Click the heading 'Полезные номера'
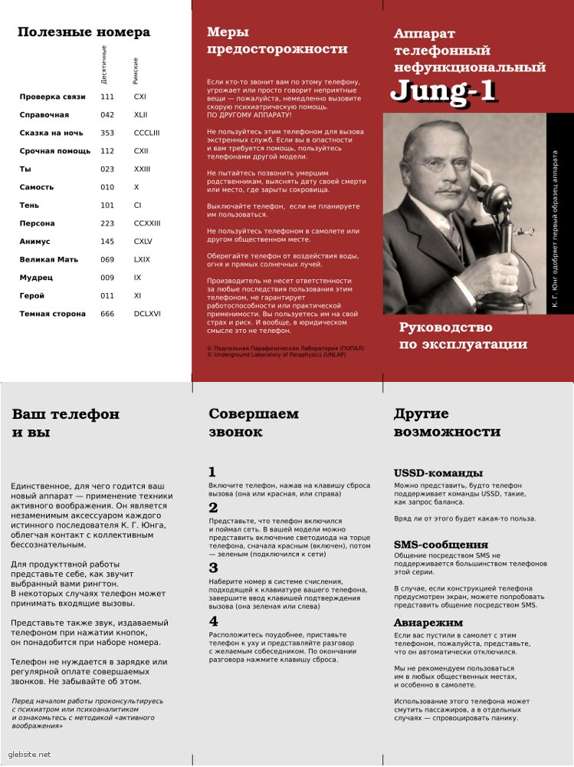coord(84,32)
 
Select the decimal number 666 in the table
coord(107,314)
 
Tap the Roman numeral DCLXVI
coord(147,314)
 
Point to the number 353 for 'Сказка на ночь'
coord(107,133)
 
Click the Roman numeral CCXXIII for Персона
coord(147,223)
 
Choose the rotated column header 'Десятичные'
coord(105,64)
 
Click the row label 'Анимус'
coord(36,242)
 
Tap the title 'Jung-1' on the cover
coord(444,91)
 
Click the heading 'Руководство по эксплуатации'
coord(463,336)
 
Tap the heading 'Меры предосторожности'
coord(277,41)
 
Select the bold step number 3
coord(213,568)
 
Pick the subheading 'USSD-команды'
coord(438,472)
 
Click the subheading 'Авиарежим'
coord(428,623)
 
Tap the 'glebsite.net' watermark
coord(30,755)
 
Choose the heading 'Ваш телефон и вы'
coord(66,423)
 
